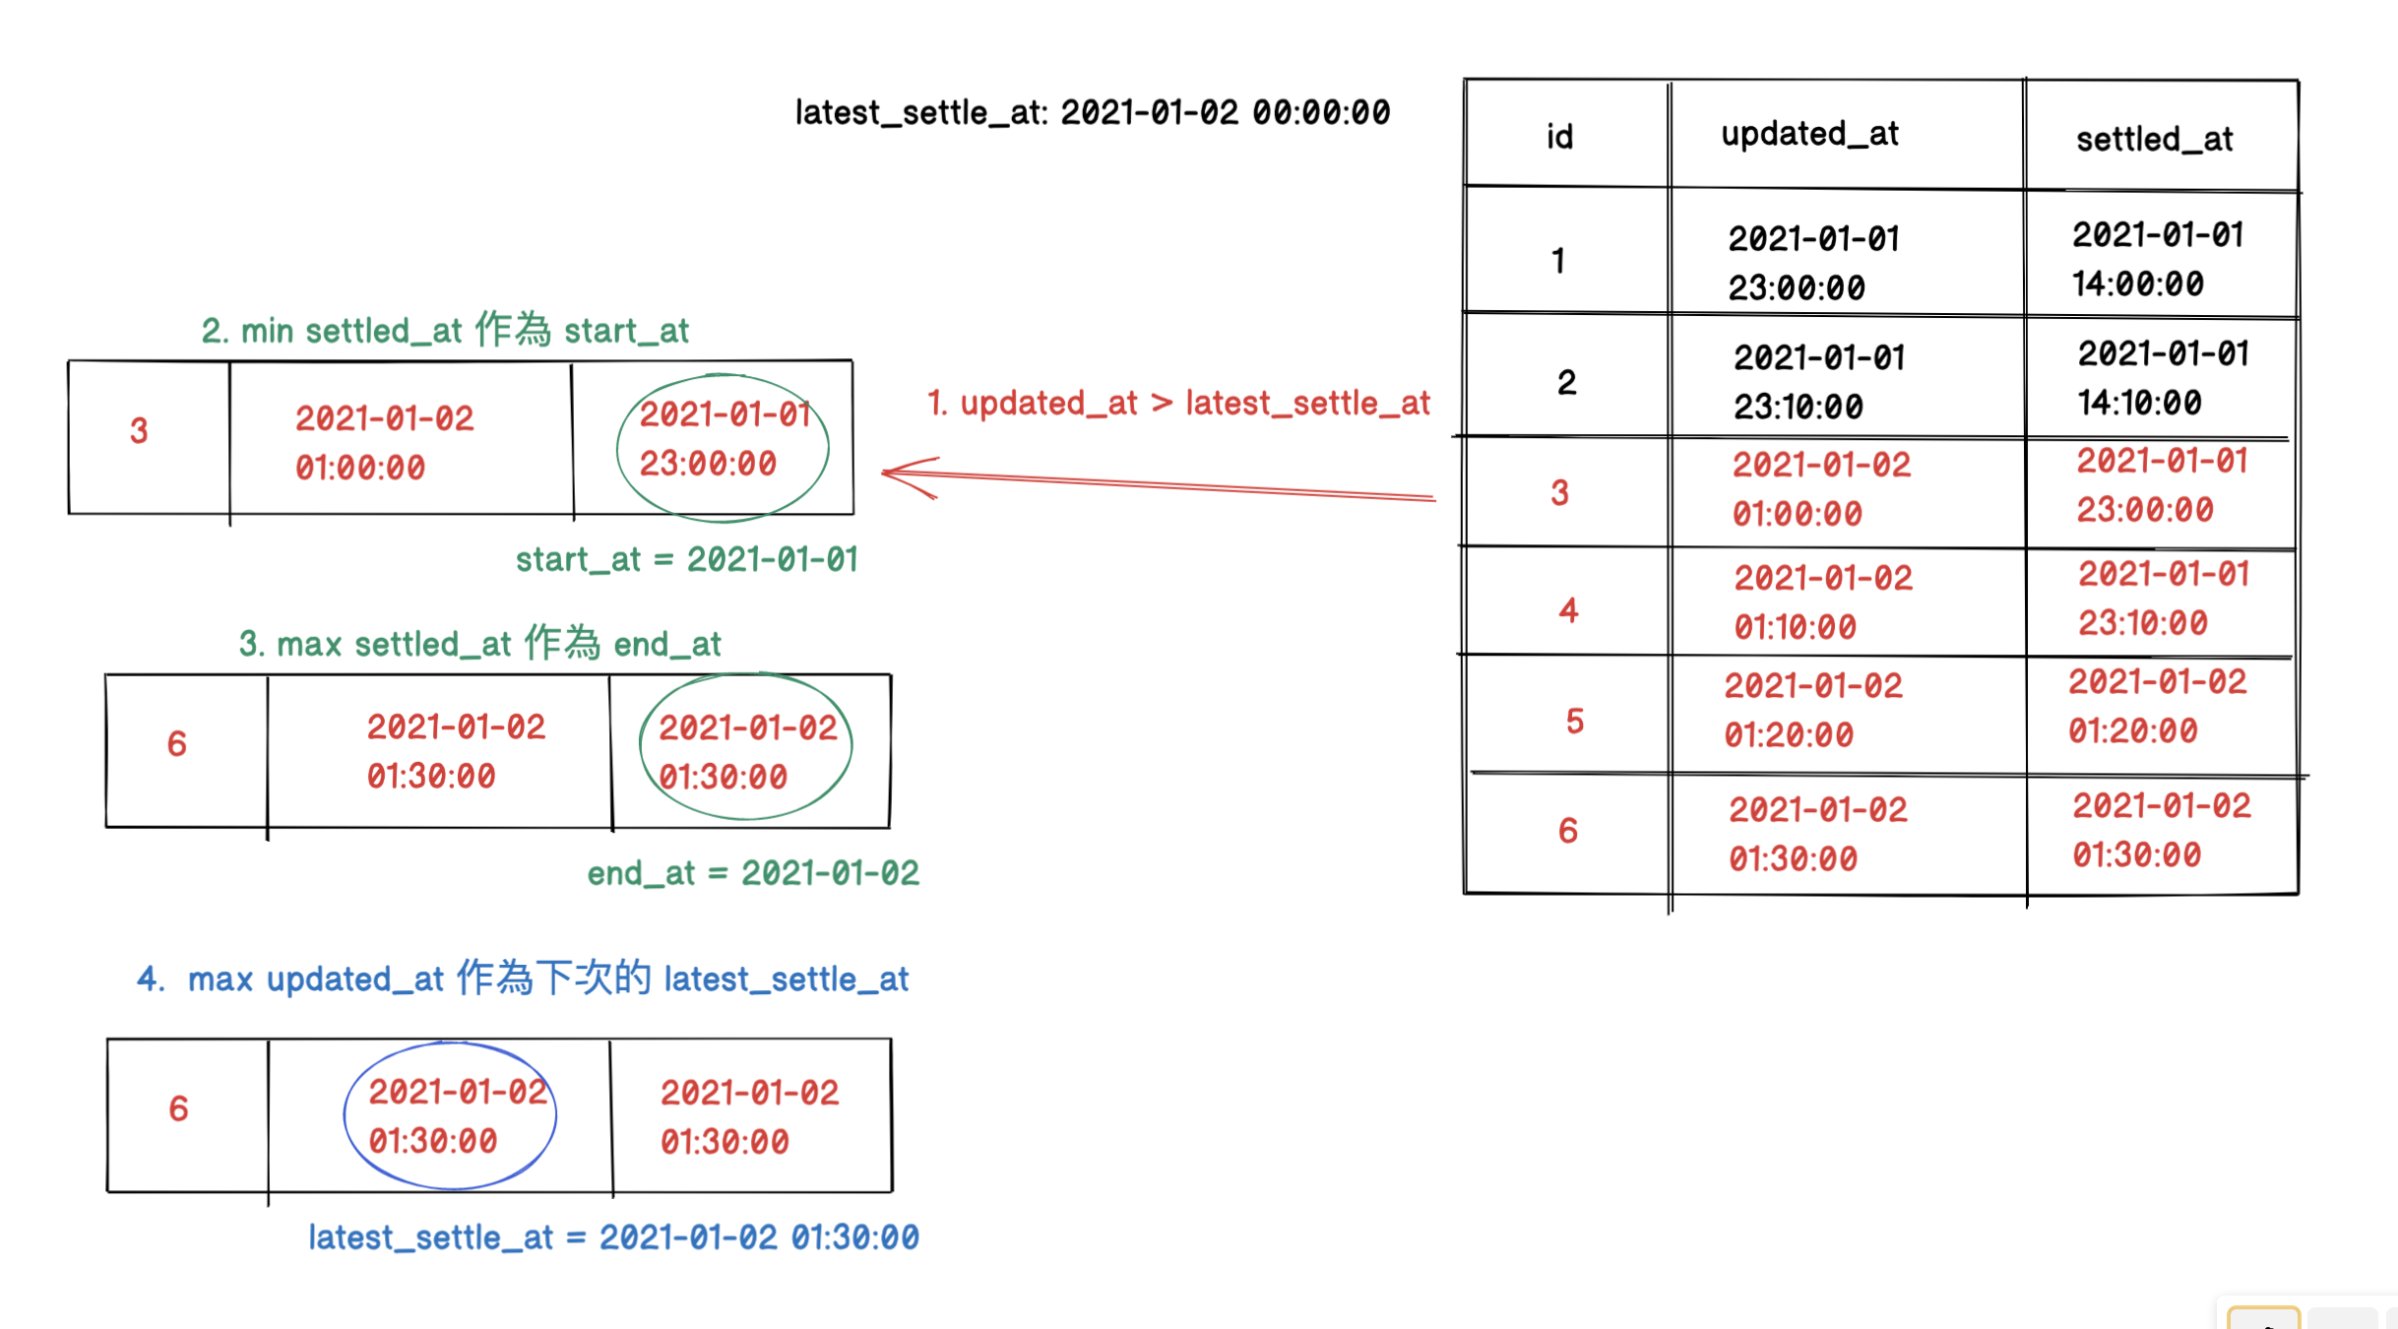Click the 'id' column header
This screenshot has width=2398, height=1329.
click(x=1559, y=137)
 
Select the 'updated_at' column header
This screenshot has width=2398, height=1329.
click(x=1809, y=134)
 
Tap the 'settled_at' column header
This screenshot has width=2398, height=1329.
click(x=2154, y=140)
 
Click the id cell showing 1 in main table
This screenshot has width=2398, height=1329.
click(x=1558, y=261)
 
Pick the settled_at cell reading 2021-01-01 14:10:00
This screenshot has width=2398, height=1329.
click(x=2162, y=378)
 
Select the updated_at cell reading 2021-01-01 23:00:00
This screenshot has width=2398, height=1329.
click(x=1813, y=263)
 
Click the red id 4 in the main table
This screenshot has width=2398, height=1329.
click(x=1568, y=611)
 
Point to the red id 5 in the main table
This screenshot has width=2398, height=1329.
click(x=1574, y=722)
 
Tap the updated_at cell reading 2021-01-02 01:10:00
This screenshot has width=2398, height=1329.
click(x=1822, y=601)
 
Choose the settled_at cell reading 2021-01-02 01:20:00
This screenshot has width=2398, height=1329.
click(x=2156, y=706)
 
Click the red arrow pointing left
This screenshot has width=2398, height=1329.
click(x=1157, y=481)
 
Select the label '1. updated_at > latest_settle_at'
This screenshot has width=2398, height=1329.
click(x=1177, y=403)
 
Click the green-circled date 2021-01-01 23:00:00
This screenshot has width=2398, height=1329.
click(x=724, y=439)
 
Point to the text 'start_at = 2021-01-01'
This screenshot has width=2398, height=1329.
click(x=686, y=560)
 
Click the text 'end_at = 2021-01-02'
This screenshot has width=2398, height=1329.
click(x=752, y=873)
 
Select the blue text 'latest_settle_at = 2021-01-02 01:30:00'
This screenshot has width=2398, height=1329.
click(x=613, y=1237)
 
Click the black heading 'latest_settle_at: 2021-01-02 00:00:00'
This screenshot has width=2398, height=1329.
click(x=1092, y=113)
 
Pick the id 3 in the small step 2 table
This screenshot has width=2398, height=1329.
click(x=139, y=431)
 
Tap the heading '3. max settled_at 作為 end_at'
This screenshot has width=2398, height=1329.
click(x=479, y=645)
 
